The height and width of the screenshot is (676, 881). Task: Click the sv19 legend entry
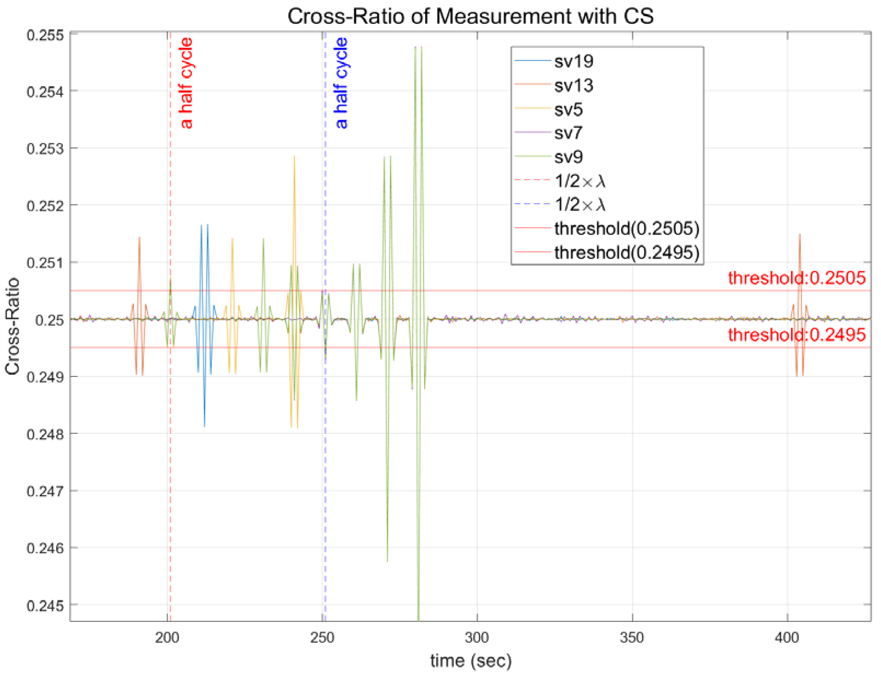pyautogui.click(x=573, y=61)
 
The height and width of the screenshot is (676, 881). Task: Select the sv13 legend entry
pyautogui.click(x=573, y=85)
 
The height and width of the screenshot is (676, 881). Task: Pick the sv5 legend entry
pyautogui.click(x=568, y=109)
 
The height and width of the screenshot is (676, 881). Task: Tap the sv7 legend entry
pyautogui.click(x=568, y=133)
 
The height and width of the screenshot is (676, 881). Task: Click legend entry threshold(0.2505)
pyautogui.click(x=626, y=228)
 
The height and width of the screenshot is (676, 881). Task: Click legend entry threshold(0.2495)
pyautogui.click(x=626, y=252)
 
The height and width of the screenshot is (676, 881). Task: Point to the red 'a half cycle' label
pyautogui.click(x=186, y=83)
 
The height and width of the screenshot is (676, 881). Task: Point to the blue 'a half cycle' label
pyautogui.click(x=341, y=83)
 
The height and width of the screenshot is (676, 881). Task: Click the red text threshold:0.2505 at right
pyautogui.click(x=796, y=278)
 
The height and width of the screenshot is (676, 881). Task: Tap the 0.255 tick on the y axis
pyautogui.click(x=45, y=35)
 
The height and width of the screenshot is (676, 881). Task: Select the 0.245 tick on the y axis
pyautogui.click(x=45, y=606)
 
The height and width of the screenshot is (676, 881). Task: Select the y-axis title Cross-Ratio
pyautogui.click(x=13, y=326)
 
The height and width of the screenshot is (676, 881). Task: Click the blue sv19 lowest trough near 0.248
pyautogui.click(x=204, y=426)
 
